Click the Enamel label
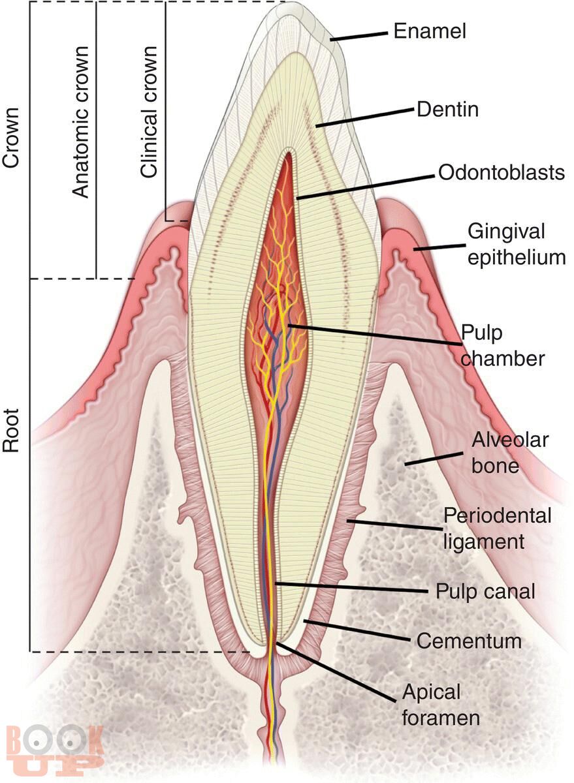[x=430, y=31]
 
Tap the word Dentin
[x=448, y=110]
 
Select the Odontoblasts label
[x=502, y=172]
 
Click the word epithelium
[x=517, y=258]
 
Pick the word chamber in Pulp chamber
[x=503, y=358]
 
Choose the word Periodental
[x=498, y=515]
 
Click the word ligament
[x=484, y=542]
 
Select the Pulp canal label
[x=485, y=591]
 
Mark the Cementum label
[x=469, y=641]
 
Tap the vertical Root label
[x=10, y=431]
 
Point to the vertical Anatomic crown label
[x=80, y=121]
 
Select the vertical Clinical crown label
[x=148, y=112]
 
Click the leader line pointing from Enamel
[x=359, y=37]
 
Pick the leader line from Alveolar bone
[x=434, y=459]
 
